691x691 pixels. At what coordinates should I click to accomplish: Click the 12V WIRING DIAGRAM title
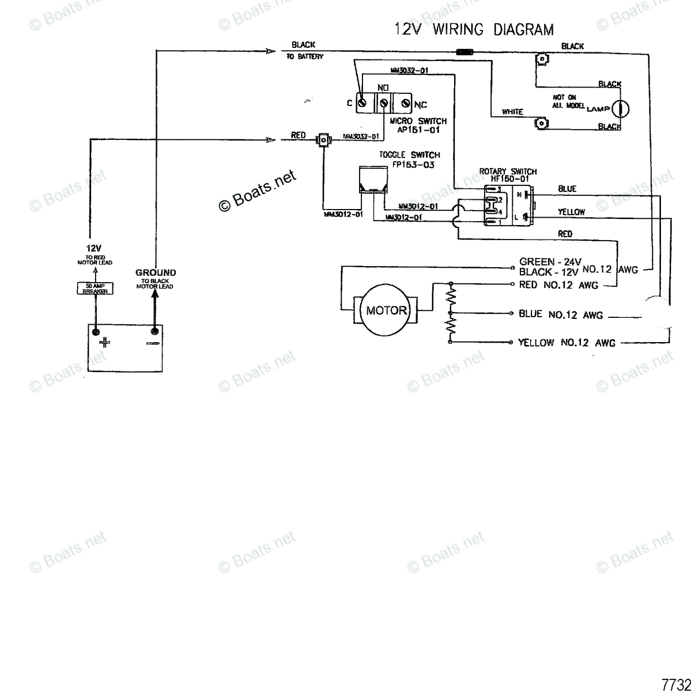click(474, 29)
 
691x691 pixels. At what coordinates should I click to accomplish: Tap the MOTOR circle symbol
click(386, 311)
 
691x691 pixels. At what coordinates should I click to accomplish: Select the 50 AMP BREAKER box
click(96, 288)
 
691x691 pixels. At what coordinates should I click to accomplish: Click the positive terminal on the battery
click(96, 332)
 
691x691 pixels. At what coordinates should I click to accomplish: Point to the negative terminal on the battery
click(154, 331)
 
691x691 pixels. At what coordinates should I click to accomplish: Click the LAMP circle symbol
click(621, 108)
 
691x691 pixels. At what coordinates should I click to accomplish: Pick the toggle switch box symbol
click(373, 179)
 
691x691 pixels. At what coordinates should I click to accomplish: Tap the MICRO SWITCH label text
click(418, 121)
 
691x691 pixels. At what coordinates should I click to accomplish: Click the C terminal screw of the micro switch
click(363, 103)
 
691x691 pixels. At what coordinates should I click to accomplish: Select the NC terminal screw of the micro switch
click(405, 104)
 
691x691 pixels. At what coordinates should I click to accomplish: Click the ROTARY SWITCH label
click(508, 172)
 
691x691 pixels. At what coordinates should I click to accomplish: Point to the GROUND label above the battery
click(156, 272)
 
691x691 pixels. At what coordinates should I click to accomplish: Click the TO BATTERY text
click(305, 56)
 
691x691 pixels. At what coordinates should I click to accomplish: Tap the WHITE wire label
click(512, 112)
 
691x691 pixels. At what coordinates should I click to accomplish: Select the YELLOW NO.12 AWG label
click(567, 343)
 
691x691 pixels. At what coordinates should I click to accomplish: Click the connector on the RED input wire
click(324, 139)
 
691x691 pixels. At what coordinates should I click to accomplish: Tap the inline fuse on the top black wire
click(465, 51)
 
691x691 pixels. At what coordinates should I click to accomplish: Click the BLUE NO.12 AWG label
click(561, 314)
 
